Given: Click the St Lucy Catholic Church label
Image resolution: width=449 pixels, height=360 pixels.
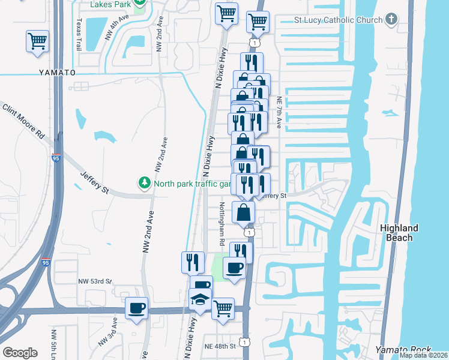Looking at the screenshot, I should tap(338, 20).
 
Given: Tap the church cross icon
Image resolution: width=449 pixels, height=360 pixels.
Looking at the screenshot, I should tap(391, 19).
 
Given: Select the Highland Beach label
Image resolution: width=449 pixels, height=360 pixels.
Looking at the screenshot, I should tap(399, 233).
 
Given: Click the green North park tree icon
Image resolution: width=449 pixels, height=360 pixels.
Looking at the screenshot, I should tap(144, 181).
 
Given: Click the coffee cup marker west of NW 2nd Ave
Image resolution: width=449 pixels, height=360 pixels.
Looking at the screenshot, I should tap(137, 308).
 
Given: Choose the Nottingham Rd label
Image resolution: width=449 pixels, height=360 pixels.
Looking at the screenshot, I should tap(221, 223).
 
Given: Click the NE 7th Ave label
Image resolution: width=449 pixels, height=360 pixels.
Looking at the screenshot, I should tap(279, 113).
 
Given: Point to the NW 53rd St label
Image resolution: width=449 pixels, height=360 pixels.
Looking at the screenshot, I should tap(95, 281).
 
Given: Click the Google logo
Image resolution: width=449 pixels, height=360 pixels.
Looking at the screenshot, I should tap(20, 353).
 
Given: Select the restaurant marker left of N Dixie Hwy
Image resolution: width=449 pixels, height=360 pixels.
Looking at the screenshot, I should tap(193, 262).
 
